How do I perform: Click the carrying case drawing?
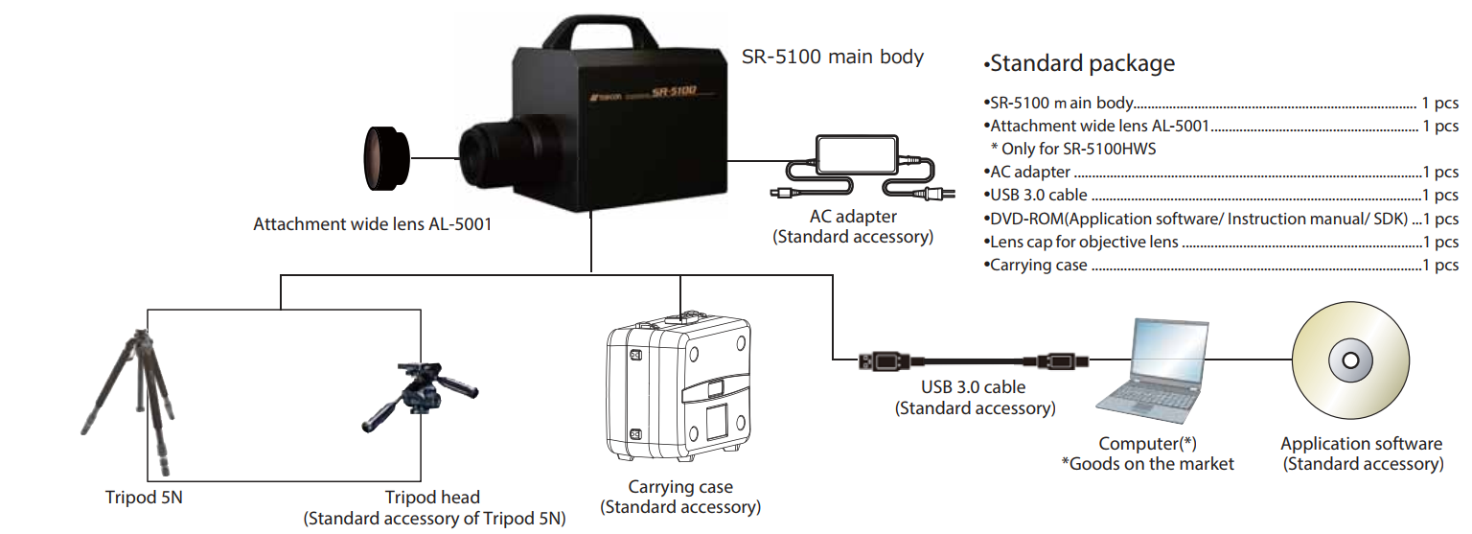(x=679, y=388)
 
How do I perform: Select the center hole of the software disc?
(x=1350, y=361)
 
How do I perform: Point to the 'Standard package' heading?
(x=1081, y=64)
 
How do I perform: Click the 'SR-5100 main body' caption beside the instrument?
(x=833, y=57)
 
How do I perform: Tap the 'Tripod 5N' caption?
(x=144, y=498)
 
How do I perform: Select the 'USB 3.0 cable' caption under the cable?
(x=973, y=388)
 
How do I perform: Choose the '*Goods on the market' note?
(x=1147, y=464)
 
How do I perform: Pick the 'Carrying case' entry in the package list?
(x=1040, y=266)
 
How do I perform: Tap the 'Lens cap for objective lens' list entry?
(x=1085, y=243)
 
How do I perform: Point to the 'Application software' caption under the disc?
(x=1361, y=444)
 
